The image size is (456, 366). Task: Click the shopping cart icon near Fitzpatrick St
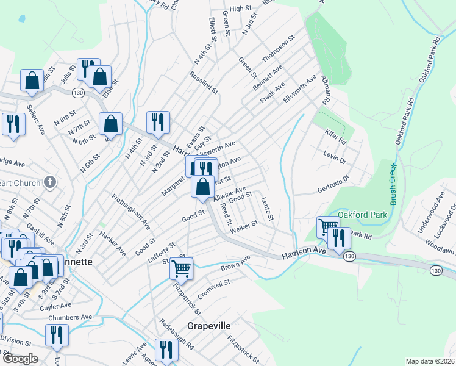(182, 267)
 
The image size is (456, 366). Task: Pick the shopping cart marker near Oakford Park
(328, 227)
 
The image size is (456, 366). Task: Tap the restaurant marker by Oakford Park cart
(339, 238)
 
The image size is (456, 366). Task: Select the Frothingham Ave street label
(130, 212)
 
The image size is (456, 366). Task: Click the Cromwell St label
(209, 288)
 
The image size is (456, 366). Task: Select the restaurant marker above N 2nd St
(157, 122)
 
